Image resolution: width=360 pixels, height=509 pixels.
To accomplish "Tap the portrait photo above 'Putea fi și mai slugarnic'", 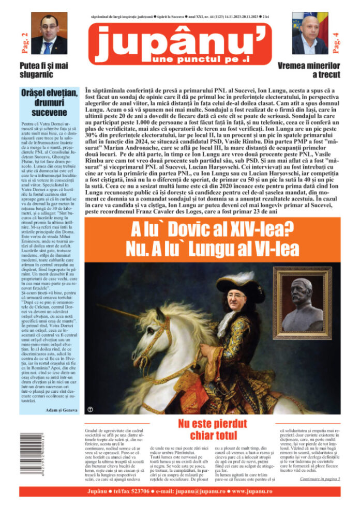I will coord(49,34).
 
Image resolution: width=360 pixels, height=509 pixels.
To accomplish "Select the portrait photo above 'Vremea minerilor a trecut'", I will coord(309,34).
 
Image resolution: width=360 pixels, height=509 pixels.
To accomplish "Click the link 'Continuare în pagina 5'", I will coord(320,479).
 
